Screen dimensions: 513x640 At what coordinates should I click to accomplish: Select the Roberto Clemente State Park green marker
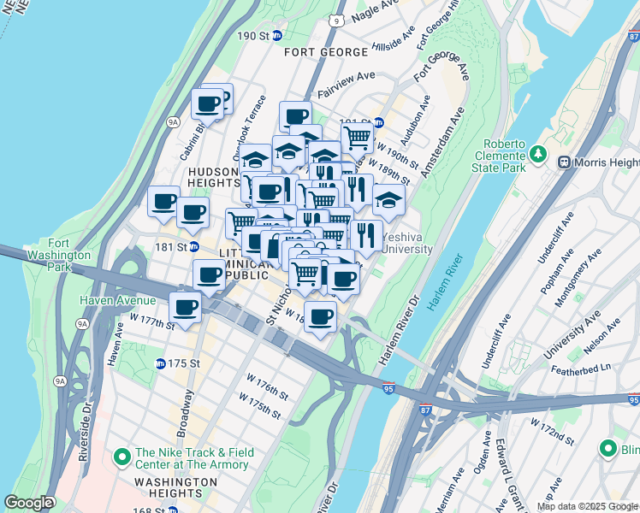tap(538, 155)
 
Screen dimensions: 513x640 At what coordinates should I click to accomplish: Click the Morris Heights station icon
tap(564, 162)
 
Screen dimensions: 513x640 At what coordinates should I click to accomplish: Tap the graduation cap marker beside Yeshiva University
tap(388, 200)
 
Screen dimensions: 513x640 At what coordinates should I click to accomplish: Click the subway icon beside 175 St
tap(160, 363)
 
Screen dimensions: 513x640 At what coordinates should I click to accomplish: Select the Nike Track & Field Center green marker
tap(121, 455)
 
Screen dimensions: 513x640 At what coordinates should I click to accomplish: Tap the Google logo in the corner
tap(28, 504)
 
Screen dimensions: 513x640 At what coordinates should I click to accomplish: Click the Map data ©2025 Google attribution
tap(586, 506)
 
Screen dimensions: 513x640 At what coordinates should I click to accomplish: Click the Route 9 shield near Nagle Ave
tap(338, 19)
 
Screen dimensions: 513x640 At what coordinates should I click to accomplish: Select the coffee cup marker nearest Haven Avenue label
tap(184, 306)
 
